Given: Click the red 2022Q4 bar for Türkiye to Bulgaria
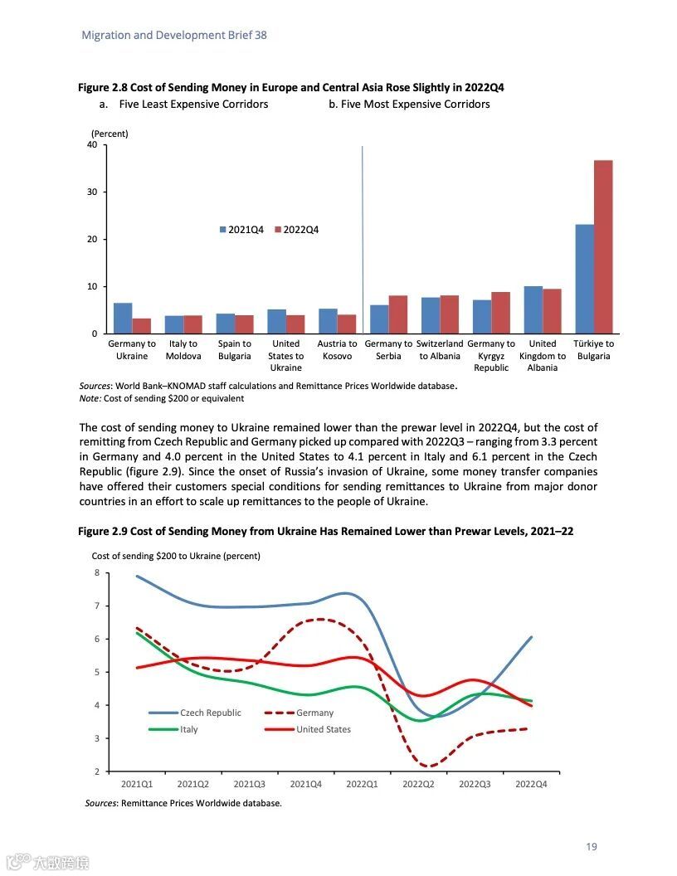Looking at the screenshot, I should click(x=603, y=246).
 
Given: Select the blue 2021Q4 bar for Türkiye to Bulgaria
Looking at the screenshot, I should click(x=585, y=279).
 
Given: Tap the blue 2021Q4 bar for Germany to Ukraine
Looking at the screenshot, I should click(x=123, y=318).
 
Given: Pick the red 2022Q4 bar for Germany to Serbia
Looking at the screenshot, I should click(x=398, y=314).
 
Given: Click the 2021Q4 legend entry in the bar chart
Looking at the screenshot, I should click(x=241, y=230).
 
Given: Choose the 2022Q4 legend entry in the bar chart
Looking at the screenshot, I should click(x=296, y=230).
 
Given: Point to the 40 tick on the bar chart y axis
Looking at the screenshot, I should click(x=92, y=145).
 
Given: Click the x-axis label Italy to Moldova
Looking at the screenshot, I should click(x=183, y=350).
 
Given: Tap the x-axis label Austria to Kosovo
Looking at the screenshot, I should click(x=337, y=350).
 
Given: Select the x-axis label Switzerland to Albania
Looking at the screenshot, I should click(x=440, y=350).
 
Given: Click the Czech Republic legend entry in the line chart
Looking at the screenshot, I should click(x=196, y=713).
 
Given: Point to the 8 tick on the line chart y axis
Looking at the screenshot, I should click(x=96, y=572).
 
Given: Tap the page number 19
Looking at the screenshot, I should click(x=591, y=847).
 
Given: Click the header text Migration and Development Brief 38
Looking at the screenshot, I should click(x=174, y=36).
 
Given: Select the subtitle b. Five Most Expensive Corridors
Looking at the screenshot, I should click(x=409, y=105).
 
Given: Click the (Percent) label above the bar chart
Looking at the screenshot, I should click(x=110, y=134).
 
